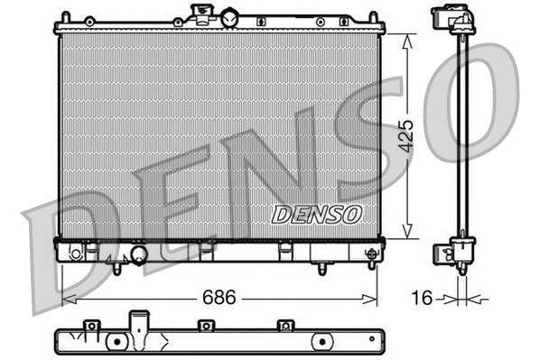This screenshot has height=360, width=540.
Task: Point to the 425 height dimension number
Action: pyautogui.click(x=406, y=136)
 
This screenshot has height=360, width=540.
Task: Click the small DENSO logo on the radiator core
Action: pyautogui.click(x=316, y=215)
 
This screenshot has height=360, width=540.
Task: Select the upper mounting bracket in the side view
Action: pyautogui.click(x=451, y=20)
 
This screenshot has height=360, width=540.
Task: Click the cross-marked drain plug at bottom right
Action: pyautogui.click(x=369, y=254)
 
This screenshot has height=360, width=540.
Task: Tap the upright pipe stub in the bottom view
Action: pyautogui.click(x=137, y=322)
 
